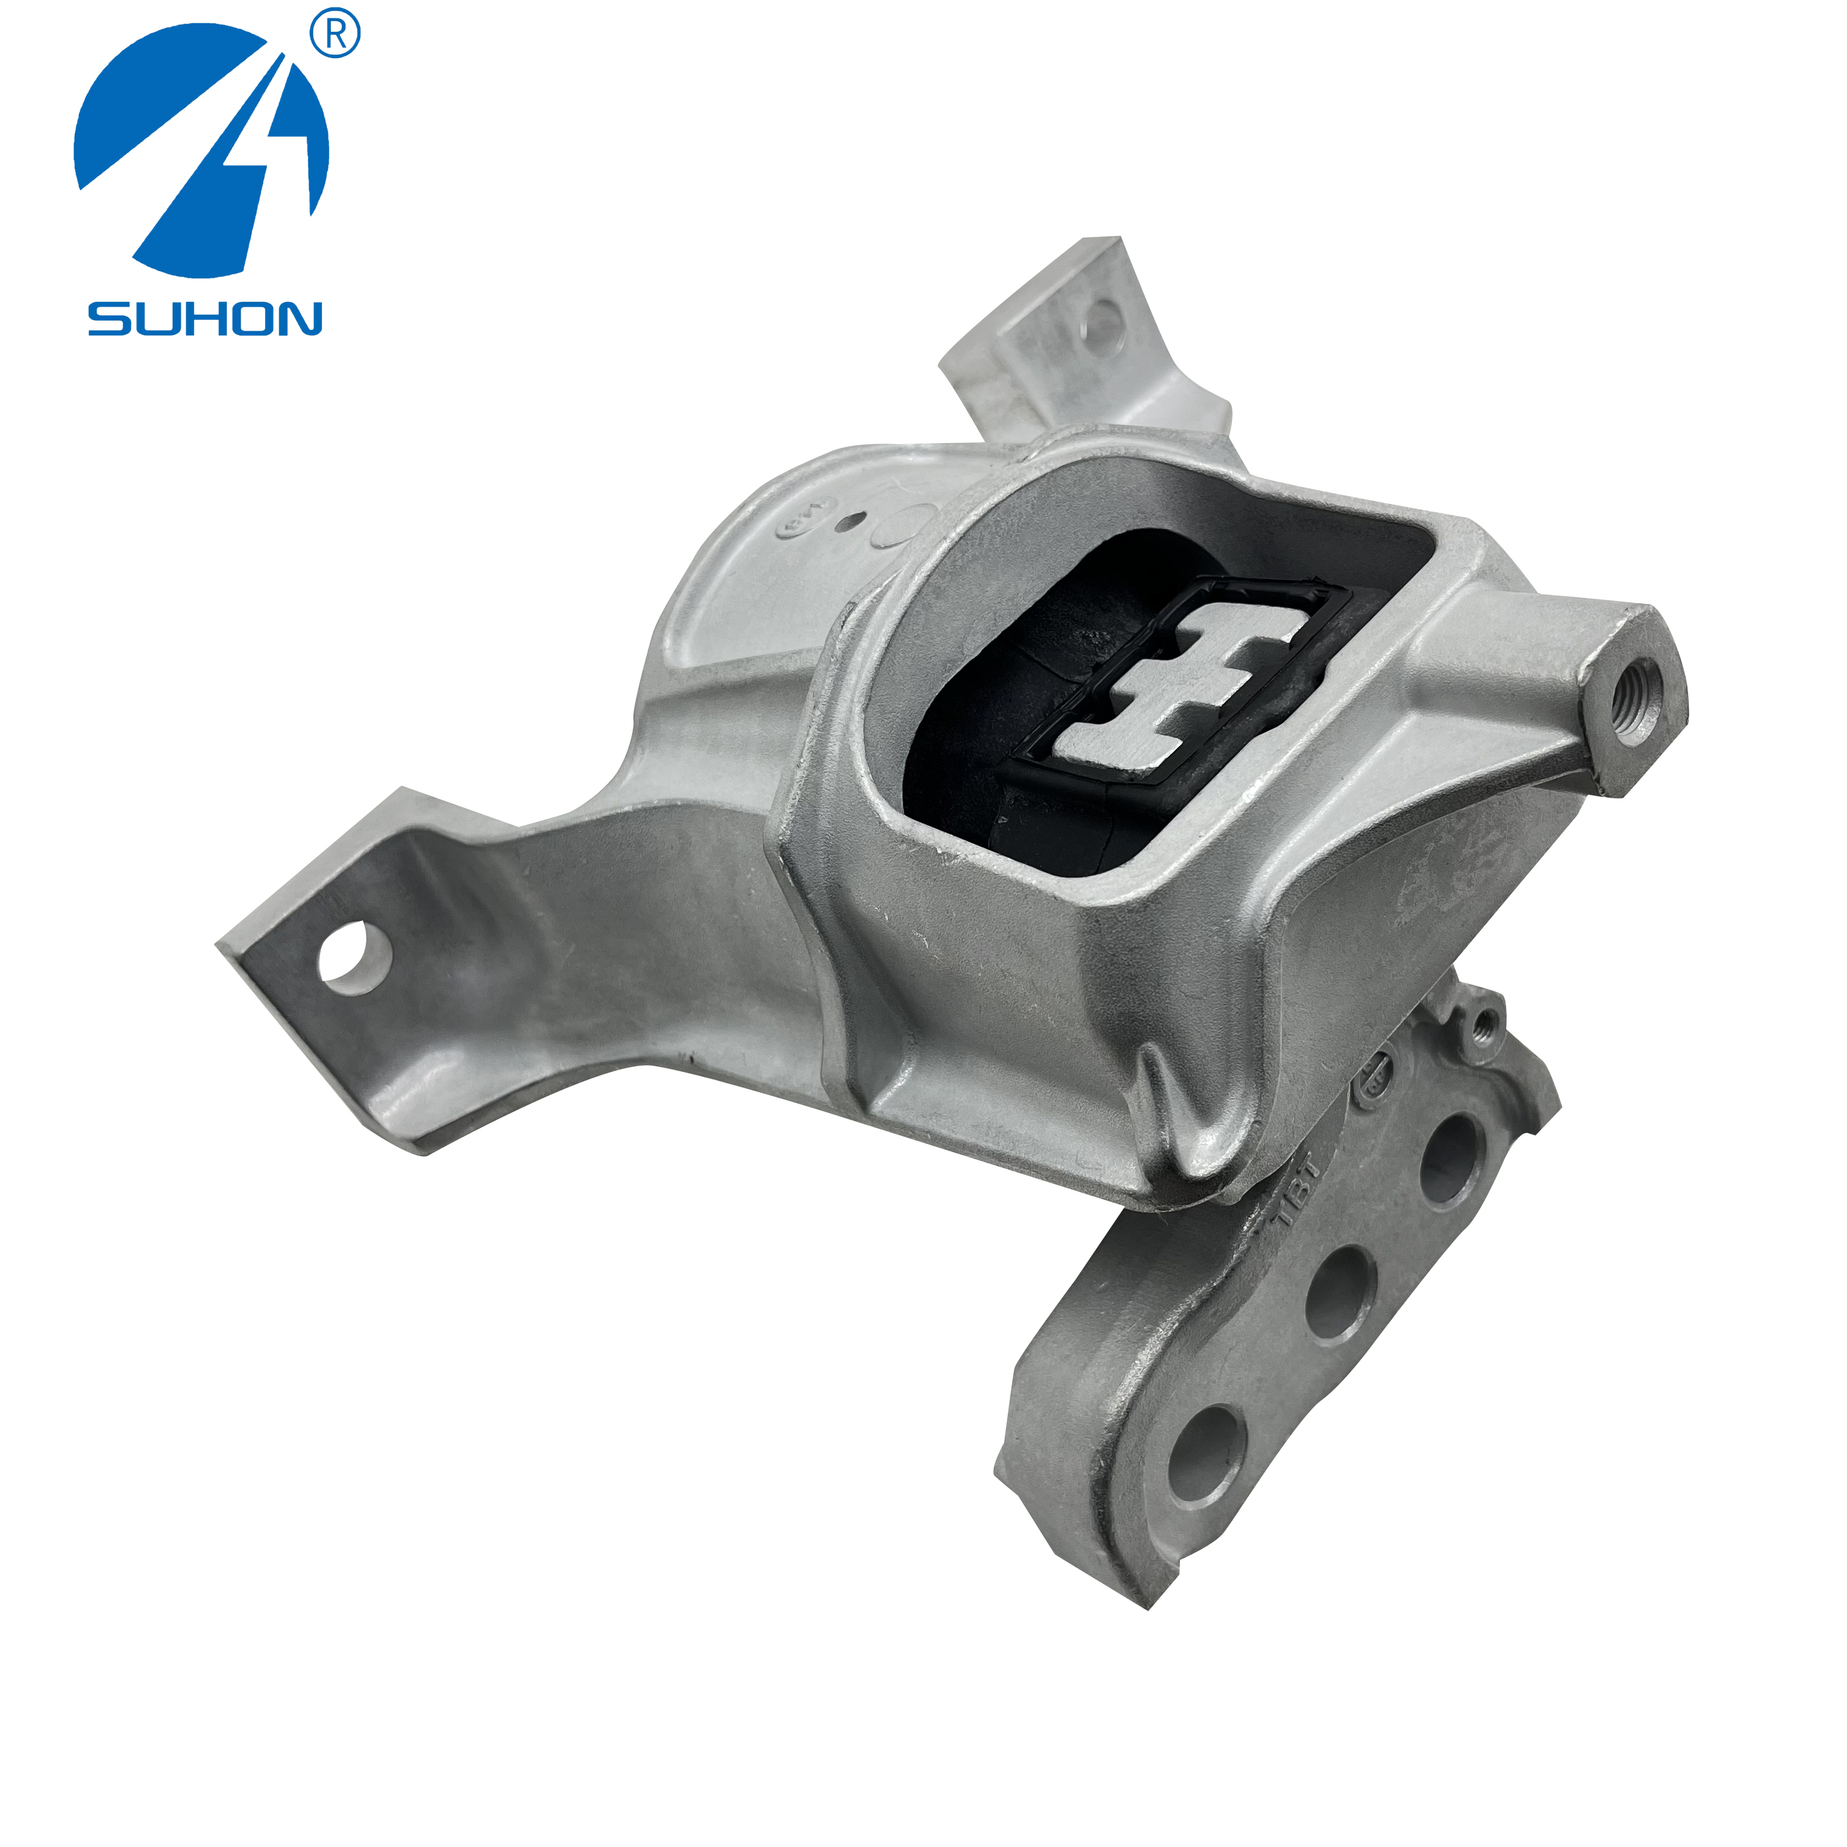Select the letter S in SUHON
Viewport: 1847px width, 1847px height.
coord(108,318)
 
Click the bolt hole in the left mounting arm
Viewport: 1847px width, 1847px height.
coord(355,957)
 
